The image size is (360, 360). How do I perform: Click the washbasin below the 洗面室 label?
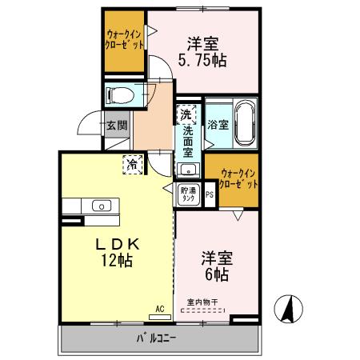click(x=189, y=168)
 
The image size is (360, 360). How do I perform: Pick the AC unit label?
click(x=159, y=307)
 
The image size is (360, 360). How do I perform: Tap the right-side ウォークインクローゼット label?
click(x=238, y=176)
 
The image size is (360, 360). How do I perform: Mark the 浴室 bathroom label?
click(x=218, y=125)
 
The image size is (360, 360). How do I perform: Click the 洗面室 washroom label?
click(x=188, y=142)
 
